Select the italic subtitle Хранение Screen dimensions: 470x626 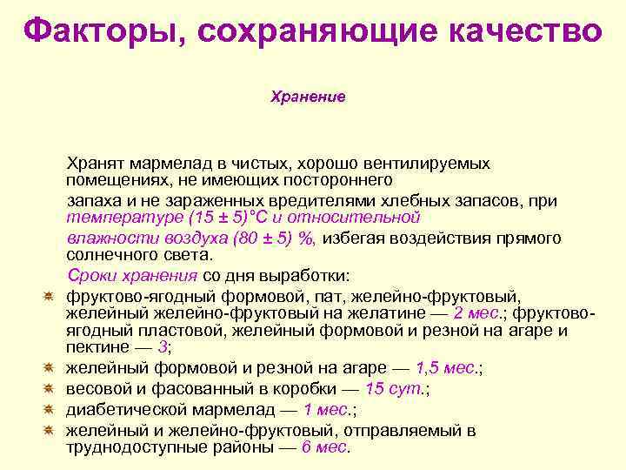coord(308,96)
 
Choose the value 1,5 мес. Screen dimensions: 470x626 coord(448,368)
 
